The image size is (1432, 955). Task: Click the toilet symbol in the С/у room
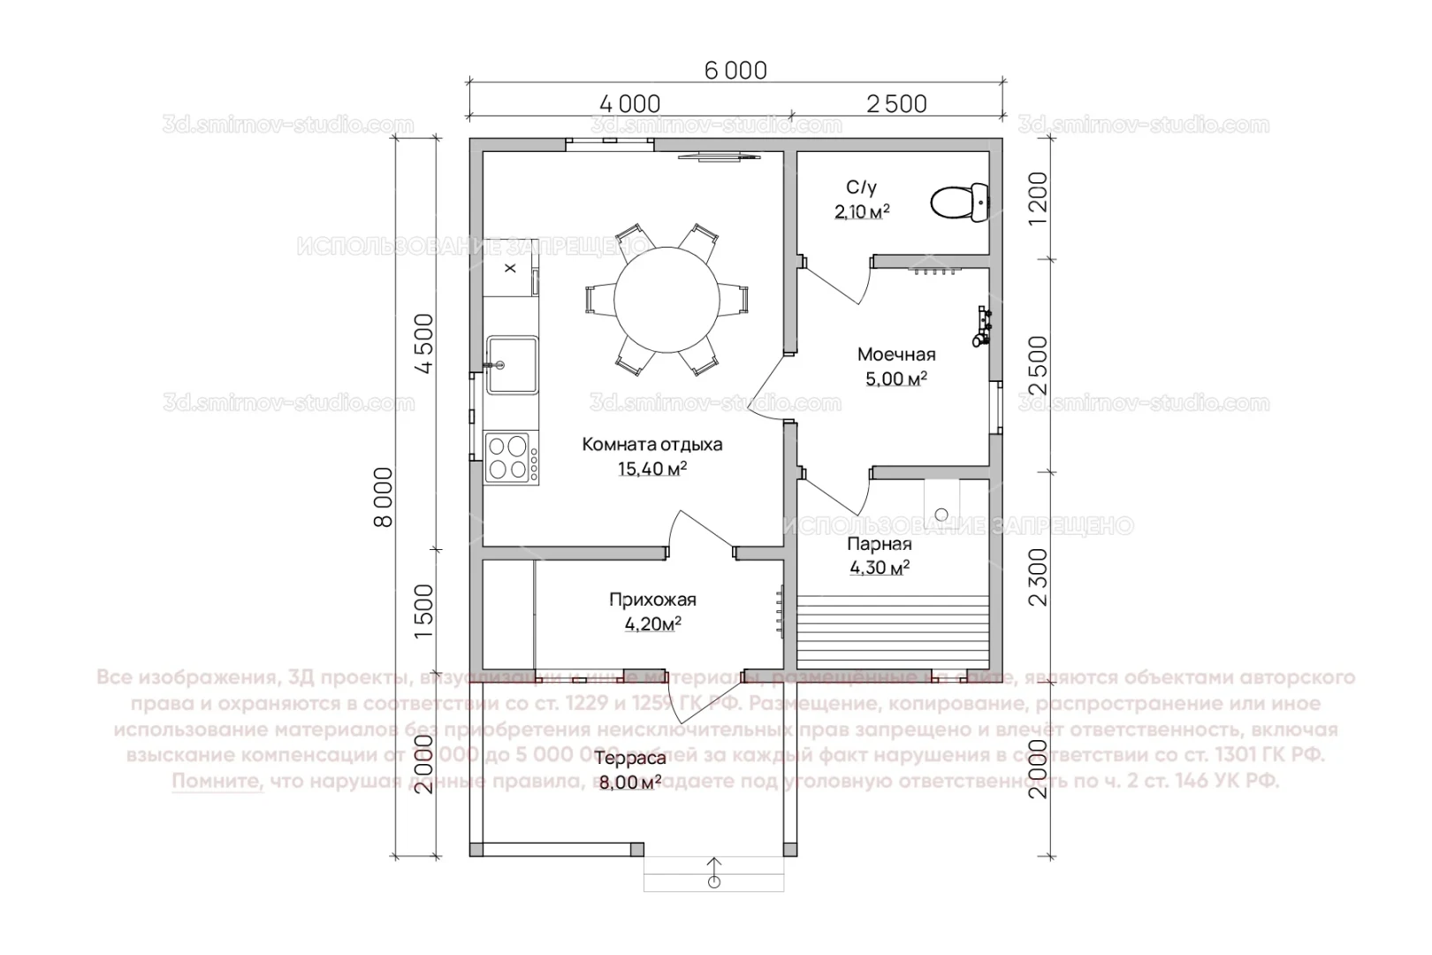coord(958,202)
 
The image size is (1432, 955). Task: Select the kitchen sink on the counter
coord(512,363)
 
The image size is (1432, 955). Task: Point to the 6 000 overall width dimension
coord(735,69)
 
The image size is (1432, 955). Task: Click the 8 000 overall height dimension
coord(384,497)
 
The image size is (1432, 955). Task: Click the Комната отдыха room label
coord(651,444)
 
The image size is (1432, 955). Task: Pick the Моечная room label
coord(895,355)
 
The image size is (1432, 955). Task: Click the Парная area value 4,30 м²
coord(880,569)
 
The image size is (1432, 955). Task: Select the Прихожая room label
coord(652,600)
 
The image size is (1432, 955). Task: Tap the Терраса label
coord(629,759)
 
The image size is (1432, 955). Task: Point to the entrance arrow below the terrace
coord(714,871)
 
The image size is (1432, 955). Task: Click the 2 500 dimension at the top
coord(896,103)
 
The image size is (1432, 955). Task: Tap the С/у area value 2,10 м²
coord(861,212)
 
